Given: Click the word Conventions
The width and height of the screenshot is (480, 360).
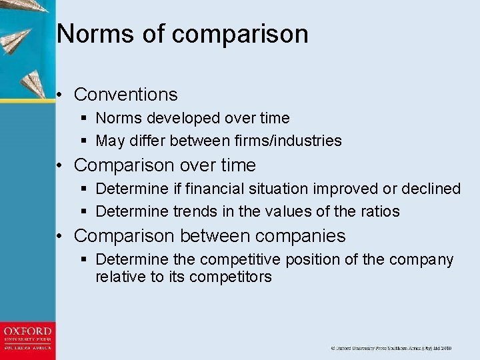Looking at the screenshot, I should pos(125,95).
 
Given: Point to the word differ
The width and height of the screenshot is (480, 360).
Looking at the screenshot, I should pos(147,141).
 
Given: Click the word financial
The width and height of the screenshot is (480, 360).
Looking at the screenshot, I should pos(213,189).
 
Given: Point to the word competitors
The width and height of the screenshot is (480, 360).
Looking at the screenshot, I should pos(231,277).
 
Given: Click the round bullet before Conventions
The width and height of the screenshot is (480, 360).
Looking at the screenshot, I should pos(60,95).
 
